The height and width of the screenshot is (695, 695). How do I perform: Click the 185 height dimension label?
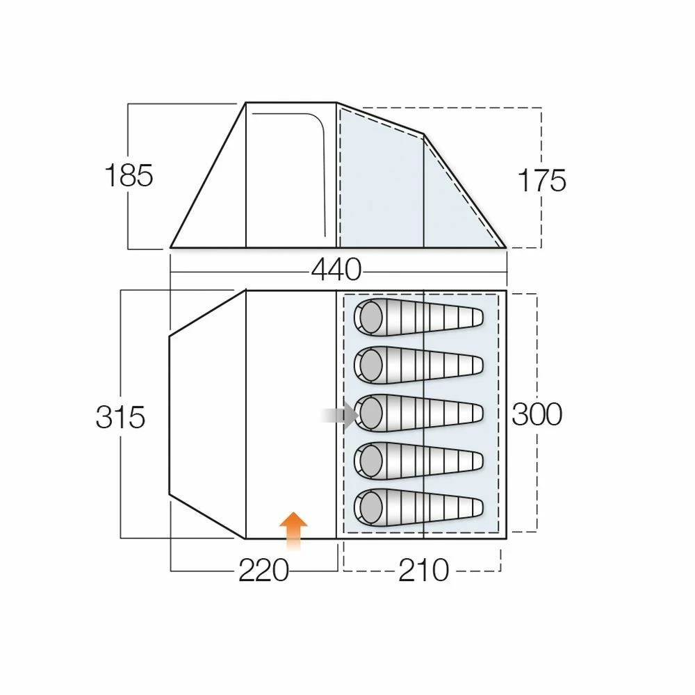(129, 176)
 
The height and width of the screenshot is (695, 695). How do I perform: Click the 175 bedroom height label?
(542, 181)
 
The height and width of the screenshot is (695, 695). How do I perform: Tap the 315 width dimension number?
(121, 417)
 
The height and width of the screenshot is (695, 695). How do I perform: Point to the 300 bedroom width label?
(537, 415)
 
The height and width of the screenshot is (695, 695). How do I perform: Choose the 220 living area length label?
(263, 571)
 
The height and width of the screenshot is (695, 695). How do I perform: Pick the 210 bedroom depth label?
(423, 571)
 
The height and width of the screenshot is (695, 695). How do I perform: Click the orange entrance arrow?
(293, 530)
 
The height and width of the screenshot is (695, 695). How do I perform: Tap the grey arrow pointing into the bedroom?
(340, 416)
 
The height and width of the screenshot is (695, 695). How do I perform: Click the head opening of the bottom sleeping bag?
(370, 507)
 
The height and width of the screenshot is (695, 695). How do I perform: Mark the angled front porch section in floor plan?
(207, 415)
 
